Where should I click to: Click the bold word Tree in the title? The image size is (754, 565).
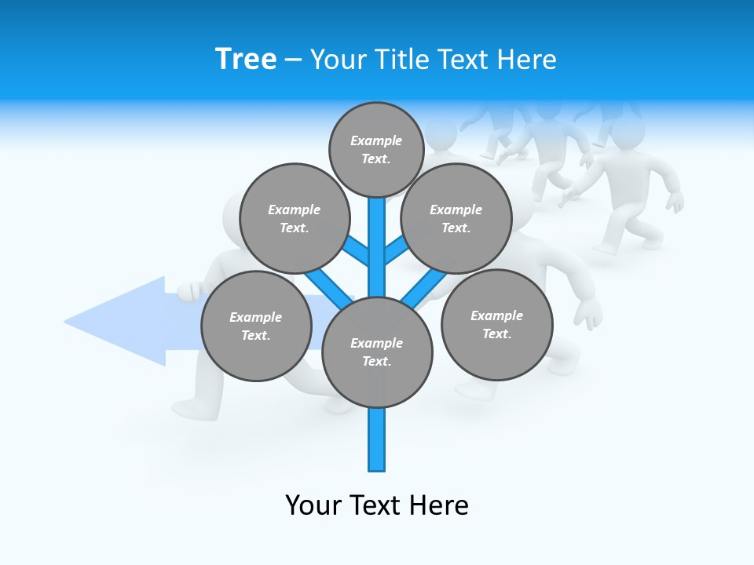pos(246,59)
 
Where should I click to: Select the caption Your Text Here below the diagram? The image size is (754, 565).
pos(377,505)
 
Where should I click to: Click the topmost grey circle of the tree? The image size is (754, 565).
pos(376,149)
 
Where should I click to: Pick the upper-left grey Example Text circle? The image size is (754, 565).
pos(294,218)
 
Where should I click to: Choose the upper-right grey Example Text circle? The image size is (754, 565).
pos(456,218)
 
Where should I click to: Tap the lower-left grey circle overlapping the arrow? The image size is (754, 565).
pos(256,326)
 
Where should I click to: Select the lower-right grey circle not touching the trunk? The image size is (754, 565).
pos(496,324)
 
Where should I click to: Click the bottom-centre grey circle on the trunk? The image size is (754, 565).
pos(377,352)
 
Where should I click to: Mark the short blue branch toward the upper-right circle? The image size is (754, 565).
pos(396,250)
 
